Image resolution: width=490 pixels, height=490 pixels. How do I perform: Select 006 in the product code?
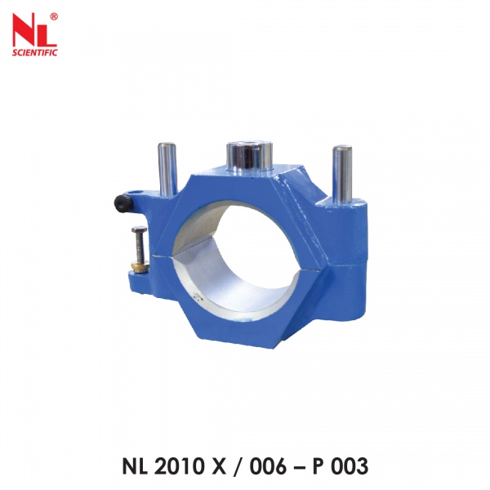pyautogui.click(x=274, y=466)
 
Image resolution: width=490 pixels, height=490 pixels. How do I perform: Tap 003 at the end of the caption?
pyautogui.click(x=350, y=466)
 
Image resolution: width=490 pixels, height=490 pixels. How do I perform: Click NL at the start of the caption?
pyautogui.click(x=138, y=466)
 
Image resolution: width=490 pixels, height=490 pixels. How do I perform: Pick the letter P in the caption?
pyautogui.click(x=323, y=466)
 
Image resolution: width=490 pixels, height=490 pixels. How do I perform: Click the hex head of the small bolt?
pyautogui.click(x=140, y=231)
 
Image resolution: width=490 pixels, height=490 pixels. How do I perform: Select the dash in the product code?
pyautogui.click(x=305, y=467)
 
